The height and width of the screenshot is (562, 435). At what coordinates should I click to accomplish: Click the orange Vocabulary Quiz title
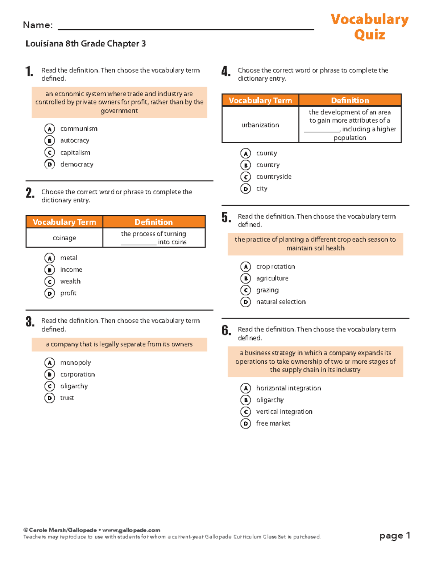pyautogui.click(x=369, y=27)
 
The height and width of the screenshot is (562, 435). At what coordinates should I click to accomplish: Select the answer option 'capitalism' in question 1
pyautogui.click(x=75, y=153)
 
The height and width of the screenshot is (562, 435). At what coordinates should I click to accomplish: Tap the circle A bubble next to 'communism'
pyautogui.click(x=50, y=129)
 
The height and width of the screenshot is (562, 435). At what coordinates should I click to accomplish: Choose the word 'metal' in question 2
pyautogui.click(x=69, y=258)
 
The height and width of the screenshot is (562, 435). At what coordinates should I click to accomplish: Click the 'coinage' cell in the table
pyautogui.click(x=65, y=238)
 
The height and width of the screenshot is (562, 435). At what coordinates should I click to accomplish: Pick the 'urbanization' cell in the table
pyautogui.click(x=260, y=125)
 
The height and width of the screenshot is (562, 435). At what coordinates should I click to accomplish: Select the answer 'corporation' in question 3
pyautogui.click(x=78, y=375)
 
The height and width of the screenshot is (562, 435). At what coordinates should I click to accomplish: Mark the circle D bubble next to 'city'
pyautogui.click(x=245, y=189)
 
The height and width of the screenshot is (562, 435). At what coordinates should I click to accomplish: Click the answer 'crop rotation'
pyautogui.click(x=275, y=267)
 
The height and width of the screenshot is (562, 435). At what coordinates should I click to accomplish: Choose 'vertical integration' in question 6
pyautogui.click(x=284, y=412)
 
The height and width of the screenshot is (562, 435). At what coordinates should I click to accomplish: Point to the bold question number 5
pyautogui.click(x=226, y=217)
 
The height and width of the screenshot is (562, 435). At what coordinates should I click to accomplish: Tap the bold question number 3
pyautogui.click(x=30, y=322)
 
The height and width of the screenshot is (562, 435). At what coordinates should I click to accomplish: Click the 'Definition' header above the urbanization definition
pyautogui.click(x=350, y=100)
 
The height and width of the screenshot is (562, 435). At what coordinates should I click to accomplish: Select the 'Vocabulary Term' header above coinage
pyautogui.click(x=65, y=222)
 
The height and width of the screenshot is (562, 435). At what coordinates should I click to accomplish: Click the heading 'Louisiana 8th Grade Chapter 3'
pyautogui.click(x=86, y=44)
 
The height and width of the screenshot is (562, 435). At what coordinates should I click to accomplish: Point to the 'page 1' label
pyautogui.click(x=394, y=536)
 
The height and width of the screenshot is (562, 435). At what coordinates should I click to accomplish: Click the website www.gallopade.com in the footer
pyautogui.click(x=131, y=530)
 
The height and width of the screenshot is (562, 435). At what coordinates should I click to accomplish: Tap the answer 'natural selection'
pyautogui.click(x=281, y=302)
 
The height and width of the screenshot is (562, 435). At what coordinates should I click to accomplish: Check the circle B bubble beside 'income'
pyautogui.click(x=50, y=270)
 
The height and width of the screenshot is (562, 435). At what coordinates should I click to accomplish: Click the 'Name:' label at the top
pyautogui.click(x=38, y=25)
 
